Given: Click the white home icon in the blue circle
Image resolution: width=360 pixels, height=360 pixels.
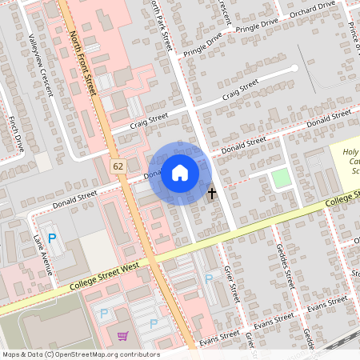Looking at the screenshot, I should pyautogui.click(x=180, y=172).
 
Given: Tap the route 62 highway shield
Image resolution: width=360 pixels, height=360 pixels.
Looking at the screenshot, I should pyautogui.click(x=118, y=166).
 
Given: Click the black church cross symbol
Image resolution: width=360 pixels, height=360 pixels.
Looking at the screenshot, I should pyautogui.click(x=212, y=193).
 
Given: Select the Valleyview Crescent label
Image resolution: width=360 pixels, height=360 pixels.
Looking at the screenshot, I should pyautogui.click(x=40, y=63).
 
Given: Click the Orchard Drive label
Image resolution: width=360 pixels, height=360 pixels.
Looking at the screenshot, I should pyautogui.click(x=291, y=9).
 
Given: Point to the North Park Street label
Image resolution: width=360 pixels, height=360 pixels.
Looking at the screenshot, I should pyautogui.click(x=161, y=24).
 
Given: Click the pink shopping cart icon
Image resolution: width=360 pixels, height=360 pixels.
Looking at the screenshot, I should pyautogui.click(x=123, y=336).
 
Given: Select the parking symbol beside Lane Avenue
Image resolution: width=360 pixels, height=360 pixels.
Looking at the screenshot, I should pyautogui.click(x=53, y=238).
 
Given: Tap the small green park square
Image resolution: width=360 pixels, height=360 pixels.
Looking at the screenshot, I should pyautogui.click(x=280, y=178).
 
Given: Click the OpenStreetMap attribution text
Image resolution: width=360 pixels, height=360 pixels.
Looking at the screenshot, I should pyautogui.click(x=80, y=354).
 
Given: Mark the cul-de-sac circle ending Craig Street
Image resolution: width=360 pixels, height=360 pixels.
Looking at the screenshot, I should pyautogui.click(x=294, y=68).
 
